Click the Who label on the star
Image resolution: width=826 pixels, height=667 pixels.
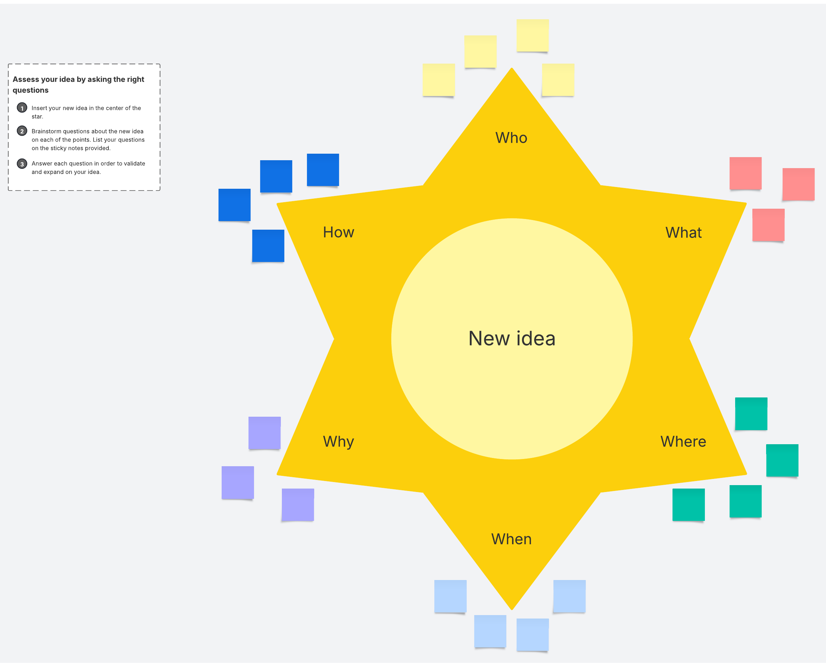coord(511,138)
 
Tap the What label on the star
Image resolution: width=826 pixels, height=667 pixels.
coord(683,232)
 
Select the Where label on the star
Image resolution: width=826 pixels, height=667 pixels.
coord(683,441)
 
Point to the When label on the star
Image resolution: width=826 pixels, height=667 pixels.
coord(511,539)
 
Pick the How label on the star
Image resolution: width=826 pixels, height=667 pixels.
coord(338,232)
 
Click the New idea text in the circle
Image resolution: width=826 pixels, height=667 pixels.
coord(512,339)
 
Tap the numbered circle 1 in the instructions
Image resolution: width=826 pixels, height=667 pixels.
coord(22,108)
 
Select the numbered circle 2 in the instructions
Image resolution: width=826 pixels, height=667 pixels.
coord(22,131)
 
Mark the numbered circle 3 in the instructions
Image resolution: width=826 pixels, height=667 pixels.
coord(22,164)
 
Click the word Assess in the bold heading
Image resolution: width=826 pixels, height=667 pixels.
coord(26,79)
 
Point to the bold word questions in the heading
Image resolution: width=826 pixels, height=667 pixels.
coord(30,90)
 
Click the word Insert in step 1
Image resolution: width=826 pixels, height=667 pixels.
coord(39,108)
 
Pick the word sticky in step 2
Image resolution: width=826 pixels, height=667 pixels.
coord(59,148)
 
